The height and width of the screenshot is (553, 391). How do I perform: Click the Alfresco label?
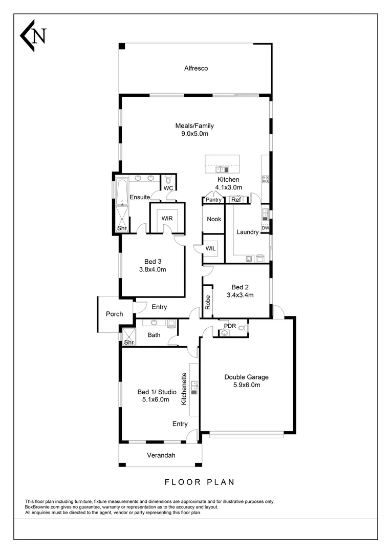pyautogui.click(x=196, y=68)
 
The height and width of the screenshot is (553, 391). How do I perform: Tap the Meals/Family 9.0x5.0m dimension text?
pyautogui.click(x=194, y=134)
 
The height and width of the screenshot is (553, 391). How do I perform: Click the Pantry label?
pyautogui.click(x=214, y=200)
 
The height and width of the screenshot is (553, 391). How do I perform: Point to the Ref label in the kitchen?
pyautogui.click(x=236, y=200)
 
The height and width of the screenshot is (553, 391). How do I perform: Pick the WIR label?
pyautogui.click(x=167, y=218)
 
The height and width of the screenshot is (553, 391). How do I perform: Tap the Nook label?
pyautogui.click(x=214, y=219)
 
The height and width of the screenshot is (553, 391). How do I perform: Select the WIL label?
pyautogui.click(x=211, y=248)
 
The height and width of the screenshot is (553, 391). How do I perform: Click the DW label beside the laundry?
pyautogui.click(x=266, y=228)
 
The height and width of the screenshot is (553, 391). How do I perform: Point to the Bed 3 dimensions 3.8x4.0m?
pyautogui.click(x=153, y=269)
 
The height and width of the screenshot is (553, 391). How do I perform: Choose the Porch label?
pyautogui.click(x=114, y=314)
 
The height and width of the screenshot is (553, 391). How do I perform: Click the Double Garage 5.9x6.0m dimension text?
pyautogui.click(x=246, y=385)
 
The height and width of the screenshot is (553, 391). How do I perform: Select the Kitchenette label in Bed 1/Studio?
pyautogui.click(x=183, y=392)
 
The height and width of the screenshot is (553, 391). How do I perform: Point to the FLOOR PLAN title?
pyautogui.click(x=200, y=481)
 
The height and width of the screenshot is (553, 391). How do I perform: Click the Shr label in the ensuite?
pyautogui.click(x=122, y=228)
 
